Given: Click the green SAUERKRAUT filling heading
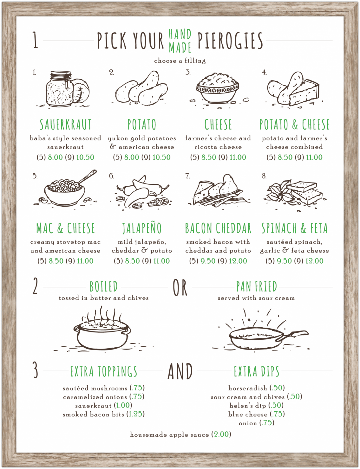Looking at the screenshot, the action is pyautogui.click(x=65, y=125).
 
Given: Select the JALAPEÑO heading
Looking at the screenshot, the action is pyautogui.click(x=142, y=228).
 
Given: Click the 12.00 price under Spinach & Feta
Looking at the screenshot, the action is pyautogui.click(x=314, y=261).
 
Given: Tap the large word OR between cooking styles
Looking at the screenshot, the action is pyautogui.click(x=180, y=288).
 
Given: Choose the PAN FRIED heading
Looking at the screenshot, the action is pyautogui.click(x=256, y=286).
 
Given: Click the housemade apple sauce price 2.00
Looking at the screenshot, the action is pyautogui.click(x=221, y=434).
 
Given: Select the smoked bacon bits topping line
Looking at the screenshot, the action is pyautogui.click(x=104, y=414).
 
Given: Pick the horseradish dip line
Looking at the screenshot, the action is pyautogui.click(x=257, y=388).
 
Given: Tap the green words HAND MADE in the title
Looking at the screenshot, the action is pyautogui.click(x=180, y=41).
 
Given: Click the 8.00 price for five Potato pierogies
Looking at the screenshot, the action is pyautogui.click(x=132, y=157).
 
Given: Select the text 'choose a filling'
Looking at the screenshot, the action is pyautogui.click(x=180, y=61).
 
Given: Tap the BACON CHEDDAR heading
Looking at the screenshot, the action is pyautogui.click(x=218, y=228).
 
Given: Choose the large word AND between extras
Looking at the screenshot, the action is pyautogui.click(x=180, y=371).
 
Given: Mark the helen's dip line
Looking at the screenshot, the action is pyautogui.click(x=257, y=405).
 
